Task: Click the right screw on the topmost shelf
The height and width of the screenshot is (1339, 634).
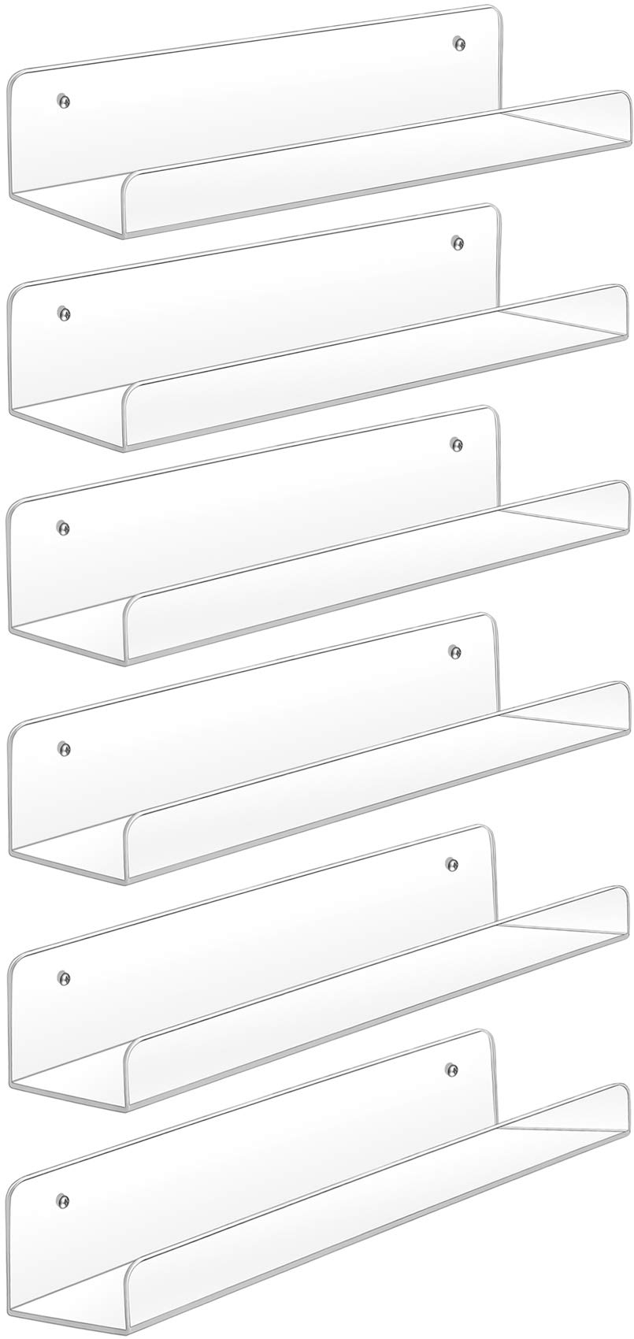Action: pyautogui.click(x=457, y=42)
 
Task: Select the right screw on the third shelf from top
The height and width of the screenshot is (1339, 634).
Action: pyautogui.click(x=456, y=445)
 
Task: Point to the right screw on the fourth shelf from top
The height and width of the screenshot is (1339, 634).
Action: pyautogui.click(x=454, y=651)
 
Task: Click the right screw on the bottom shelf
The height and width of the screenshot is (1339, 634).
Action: pyautogui.click(x=451, y=1069)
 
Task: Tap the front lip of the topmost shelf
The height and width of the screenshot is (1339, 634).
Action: pyautogui.click(x=370, y=164)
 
